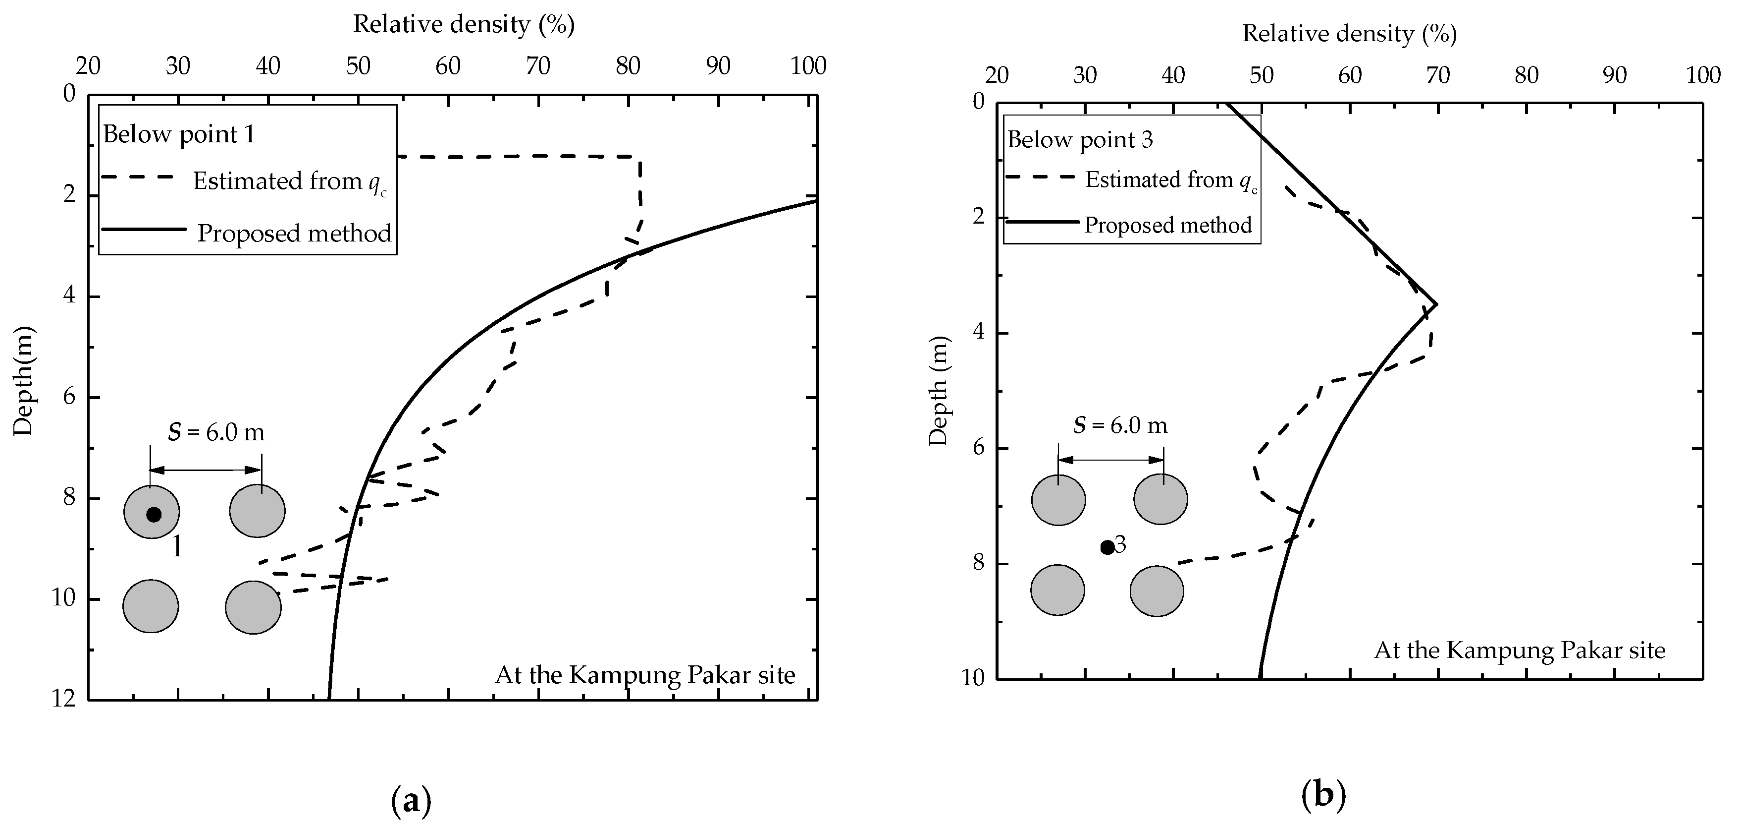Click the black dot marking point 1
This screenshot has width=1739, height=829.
point(154,514)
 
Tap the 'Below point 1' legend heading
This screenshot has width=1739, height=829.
point(179,134)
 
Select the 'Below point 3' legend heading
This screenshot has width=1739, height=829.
point(1080,140)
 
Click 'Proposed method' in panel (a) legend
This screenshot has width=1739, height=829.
point(294,233)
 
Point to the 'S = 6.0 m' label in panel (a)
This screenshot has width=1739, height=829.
point(216,432)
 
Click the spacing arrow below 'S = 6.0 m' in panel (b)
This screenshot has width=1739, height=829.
point(1111,460)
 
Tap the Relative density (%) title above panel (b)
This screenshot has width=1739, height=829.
point(1349,34)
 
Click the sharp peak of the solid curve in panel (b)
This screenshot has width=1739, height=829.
point(1436,304)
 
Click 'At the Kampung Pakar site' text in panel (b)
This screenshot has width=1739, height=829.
point(1520,650)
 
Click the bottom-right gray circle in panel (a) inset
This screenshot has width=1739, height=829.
point(253,607)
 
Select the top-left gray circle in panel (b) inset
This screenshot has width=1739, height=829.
point(1058,500)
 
